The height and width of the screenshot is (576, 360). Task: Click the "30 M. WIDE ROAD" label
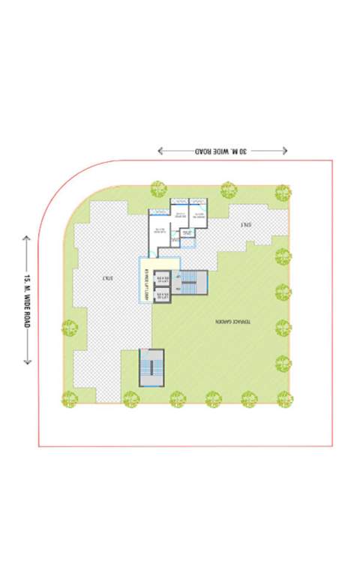[x=223, y=151]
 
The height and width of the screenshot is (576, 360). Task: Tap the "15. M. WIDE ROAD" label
[x=26, y=300]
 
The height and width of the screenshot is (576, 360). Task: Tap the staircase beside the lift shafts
[x=193, y=285]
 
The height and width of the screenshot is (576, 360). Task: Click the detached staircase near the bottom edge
[x=151, y=367]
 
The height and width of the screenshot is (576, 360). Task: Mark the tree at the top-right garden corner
[x=283, y=192]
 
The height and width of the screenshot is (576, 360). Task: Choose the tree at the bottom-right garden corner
[x=285, y=398]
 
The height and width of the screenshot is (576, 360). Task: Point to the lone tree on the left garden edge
[x=70, y=328]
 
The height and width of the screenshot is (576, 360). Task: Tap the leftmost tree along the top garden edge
[x=158, y=188]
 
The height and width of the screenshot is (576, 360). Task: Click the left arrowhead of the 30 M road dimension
[x=160, y=151]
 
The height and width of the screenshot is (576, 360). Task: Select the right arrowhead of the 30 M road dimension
[x=285, y=151]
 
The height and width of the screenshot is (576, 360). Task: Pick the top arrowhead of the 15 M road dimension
[x=26, y=238]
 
